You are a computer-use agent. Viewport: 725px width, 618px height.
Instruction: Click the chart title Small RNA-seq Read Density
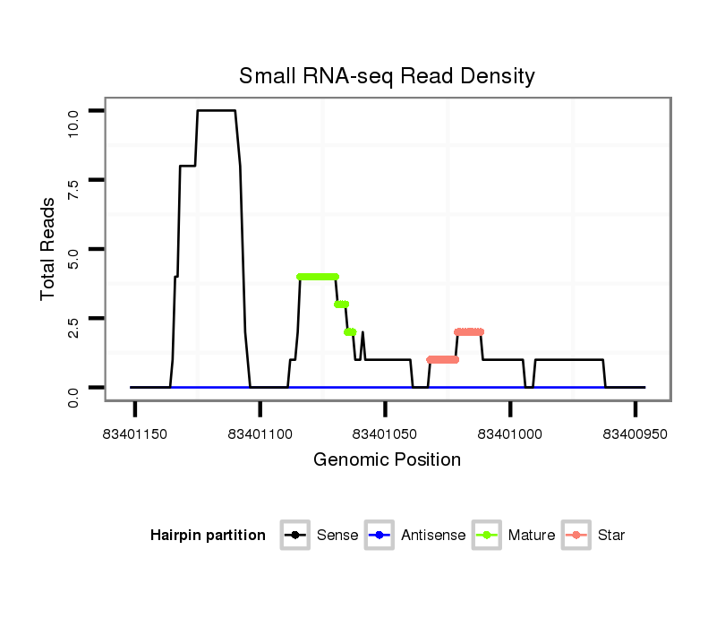[387, 76]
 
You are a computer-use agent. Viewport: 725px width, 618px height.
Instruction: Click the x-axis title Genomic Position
[387, 460]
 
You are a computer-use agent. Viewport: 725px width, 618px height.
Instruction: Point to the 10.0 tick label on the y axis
[74, 111]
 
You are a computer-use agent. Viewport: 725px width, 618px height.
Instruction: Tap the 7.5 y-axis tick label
[74, 180]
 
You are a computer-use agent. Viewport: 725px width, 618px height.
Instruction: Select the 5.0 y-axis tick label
[74, 249]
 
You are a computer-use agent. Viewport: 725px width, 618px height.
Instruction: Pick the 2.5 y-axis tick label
[74, 319]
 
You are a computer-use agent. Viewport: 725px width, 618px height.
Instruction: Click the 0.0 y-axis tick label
[74, 388]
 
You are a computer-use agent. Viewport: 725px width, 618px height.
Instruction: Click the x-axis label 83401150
[135, 434]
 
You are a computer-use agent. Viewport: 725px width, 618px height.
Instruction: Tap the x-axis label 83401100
[260, 434]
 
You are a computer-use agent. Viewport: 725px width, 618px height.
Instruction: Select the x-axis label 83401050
[385, 434]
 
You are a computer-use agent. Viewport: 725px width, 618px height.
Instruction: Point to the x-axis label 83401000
[510, 434]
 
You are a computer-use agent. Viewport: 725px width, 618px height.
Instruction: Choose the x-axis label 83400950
[635, 434]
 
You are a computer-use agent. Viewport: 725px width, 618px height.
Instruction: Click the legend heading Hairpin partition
[208, 536]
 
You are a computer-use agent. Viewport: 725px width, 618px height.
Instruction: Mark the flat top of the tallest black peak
[216, 110]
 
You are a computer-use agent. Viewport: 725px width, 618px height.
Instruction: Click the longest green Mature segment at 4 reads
[318, 277]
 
